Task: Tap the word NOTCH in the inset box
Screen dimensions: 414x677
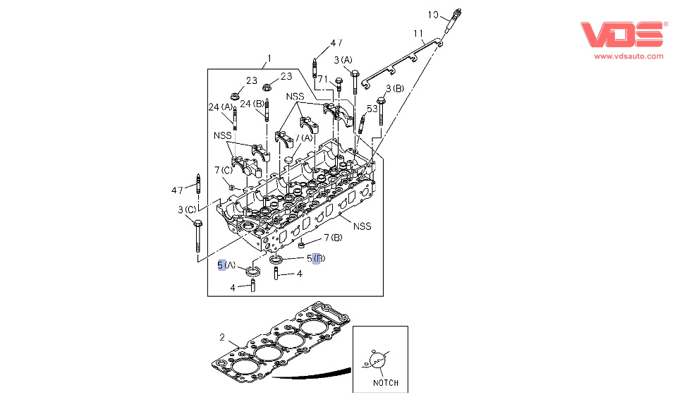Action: [385, 383]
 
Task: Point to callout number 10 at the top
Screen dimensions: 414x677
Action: [434, 14]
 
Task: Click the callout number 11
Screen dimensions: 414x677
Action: [418, 33]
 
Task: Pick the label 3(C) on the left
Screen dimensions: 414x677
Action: [188, 210]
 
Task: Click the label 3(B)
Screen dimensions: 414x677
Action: [394, 88]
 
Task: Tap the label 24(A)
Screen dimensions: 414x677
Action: [220, 107]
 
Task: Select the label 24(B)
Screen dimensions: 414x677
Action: [252, 104]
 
